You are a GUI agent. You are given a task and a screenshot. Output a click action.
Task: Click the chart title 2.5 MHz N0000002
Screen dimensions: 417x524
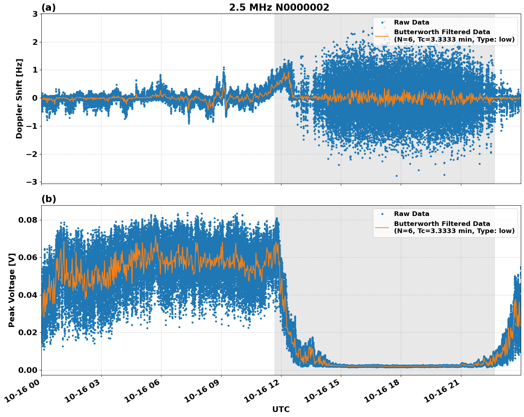(279, 7)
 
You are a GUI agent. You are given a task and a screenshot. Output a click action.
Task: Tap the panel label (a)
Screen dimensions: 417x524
(48, 7)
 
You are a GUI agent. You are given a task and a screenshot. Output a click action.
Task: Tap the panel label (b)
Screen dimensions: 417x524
(48, 199)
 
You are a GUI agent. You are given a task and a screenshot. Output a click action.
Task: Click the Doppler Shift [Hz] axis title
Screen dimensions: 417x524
(19, 99)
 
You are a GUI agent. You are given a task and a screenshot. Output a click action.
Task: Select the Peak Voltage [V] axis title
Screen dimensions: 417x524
(12, 290)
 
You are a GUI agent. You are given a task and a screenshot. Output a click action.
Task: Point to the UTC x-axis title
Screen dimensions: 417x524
(281, 409)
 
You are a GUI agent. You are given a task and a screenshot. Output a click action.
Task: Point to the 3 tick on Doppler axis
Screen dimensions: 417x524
(35, 14)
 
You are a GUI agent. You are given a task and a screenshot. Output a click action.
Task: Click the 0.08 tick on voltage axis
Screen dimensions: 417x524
(28, 220)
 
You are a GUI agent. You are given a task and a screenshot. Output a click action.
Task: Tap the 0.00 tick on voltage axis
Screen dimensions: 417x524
(28, 370)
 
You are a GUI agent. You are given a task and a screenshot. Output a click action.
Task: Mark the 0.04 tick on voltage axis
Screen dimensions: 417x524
(28, 295)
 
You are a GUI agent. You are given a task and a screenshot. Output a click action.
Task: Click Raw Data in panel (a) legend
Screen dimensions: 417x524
(411, 22)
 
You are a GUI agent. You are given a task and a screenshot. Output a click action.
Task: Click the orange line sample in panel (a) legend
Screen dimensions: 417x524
(382, 36)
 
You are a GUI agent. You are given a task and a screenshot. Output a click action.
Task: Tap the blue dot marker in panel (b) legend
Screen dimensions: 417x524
(382, 214)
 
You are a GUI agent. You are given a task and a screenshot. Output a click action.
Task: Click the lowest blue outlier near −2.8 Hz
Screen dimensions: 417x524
(396, 176)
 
